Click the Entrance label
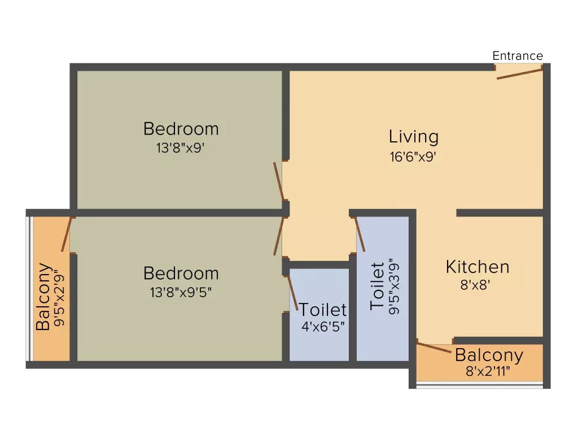(518, 56)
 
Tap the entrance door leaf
(520, 73)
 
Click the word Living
(414, 137)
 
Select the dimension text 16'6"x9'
(413, 157)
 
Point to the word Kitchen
(478, 267)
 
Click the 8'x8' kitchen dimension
(475, 285)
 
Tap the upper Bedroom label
(181, 129)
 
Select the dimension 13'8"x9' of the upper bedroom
(180, 148)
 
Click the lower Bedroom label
(181, 274)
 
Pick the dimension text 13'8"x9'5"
(181, 293)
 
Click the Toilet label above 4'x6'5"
(322, 310)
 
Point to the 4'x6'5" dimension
(323, 327)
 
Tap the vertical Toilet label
(378, 286)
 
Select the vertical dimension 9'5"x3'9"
(394, 286)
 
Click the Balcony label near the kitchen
(489, 355)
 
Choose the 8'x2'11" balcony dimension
(488, 371)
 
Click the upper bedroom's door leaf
(279, 181)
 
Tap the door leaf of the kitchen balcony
(434, 348)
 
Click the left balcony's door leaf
(67, 235)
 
